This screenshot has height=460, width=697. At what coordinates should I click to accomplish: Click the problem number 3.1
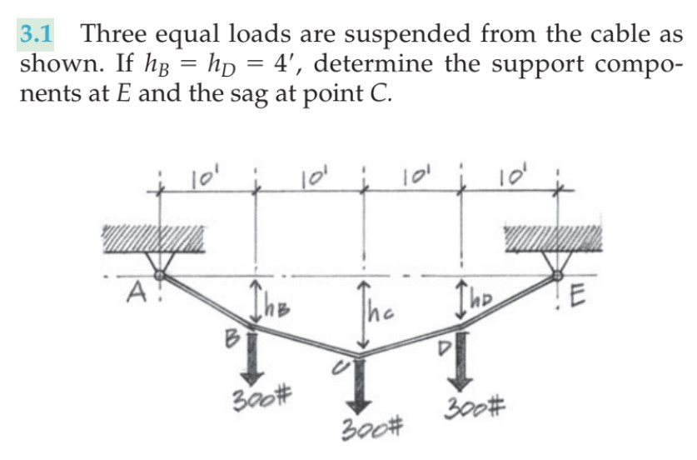coord(36,34)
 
